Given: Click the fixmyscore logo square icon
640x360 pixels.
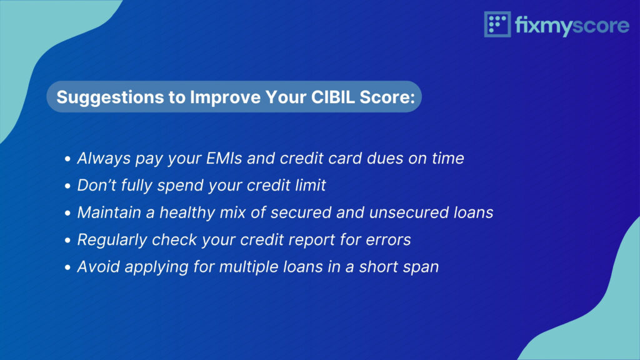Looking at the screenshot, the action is (497, 24).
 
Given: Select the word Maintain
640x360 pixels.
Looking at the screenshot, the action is (109, 212).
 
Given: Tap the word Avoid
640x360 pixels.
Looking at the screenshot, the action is (98, 267).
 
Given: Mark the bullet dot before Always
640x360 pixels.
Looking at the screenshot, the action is (67, 159).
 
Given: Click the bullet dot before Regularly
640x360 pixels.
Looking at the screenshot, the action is (67, 241).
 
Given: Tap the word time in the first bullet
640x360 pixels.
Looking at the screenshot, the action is (448, 158).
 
